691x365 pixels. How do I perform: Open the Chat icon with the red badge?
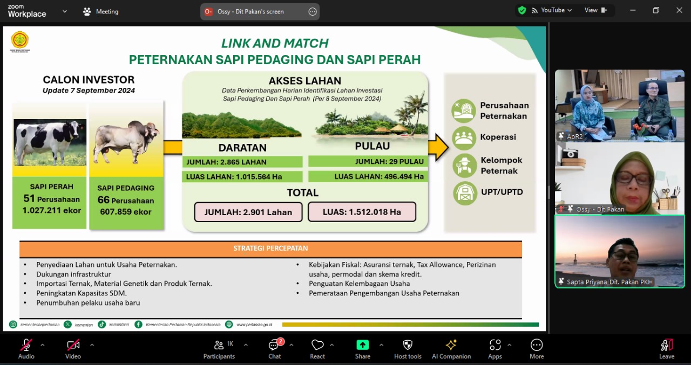(274, 345)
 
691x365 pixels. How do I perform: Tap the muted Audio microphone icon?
(26, 345)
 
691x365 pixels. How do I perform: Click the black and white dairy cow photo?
(50, 142)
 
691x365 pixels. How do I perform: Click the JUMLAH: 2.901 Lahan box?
(248, 212)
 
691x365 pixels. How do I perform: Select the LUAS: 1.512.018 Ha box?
(362, 212)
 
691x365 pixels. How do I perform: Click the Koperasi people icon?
(464, 137)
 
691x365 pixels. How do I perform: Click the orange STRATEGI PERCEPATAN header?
(270, 249)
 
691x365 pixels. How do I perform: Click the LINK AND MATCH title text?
(275, 44)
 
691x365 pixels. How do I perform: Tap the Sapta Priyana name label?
(609, 282)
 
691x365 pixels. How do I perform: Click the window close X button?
(679, 10)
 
